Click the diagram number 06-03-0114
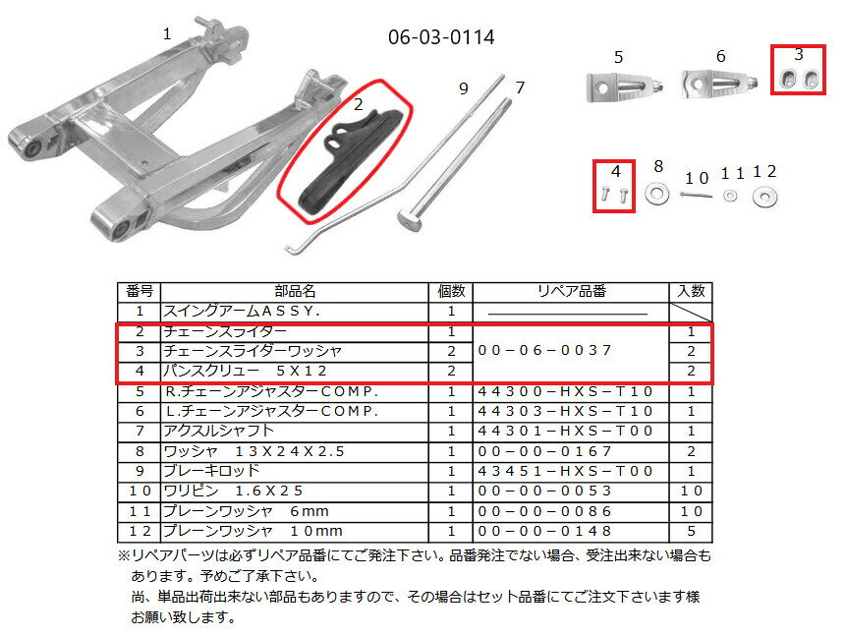click(x=441, y=37)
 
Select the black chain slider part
click(x=344, y=157)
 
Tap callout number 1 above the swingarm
click(x=167, y=33)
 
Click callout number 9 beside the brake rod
click(x=464, y=88)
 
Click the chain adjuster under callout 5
click(x=617, y=87)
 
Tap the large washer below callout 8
click(x=657, y=195)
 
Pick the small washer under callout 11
click(x=730, y=196)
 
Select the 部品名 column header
click(x=295, y=292)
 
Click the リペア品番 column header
click(x=571, y=292)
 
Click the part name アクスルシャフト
click(x=220, y=431)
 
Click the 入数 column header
click(x=691, y=292)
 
